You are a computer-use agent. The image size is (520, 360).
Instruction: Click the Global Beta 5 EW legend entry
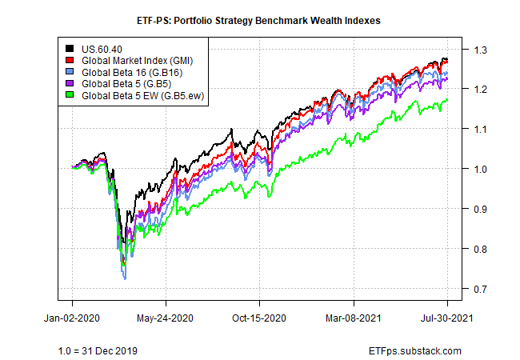pos(142,98)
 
